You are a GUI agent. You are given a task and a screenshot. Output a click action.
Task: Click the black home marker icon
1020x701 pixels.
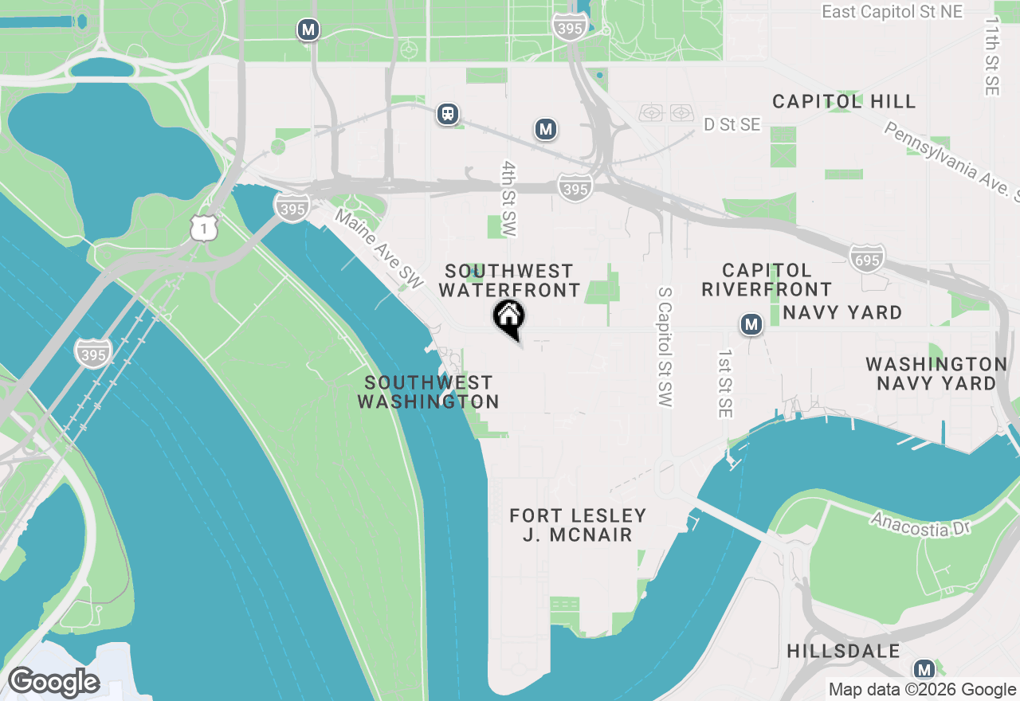[508, 318]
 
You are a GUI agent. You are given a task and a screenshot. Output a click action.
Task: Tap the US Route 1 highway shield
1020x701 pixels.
[204, 228]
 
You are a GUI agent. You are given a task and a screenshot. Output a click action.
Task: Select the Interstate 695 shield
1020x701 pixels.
[867, 259]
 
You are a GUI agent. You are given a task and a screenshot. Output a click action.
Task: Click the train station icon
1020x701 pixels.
[449, 114]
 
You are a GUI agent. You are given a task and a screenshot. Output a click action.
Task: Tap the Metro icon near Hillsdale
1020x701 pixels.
[924, 669]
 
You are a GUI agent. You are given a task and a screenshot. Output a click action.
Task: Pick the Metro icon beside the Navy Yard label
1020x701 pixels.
[751, 324]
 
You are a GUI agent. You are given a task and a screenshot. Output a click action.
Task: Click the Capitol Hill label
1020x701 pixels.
[844, 102]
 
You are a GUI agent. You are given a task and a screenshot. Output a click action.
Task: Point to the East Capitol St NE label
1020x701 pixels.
[892, 12]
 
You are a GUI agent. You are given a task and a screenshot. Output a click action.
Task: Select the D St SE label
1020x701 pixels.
[732, 125]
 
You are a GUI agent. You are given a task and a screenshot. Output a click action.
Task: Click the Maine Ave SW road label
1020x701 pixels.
[379, 249]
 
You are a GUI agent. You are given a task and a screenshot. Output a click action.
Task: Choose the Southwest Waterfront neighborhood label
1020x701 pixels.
[509, 280]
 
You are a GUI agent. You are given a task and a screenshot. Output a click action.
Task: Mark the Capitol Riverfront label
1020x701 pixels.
[767, 280]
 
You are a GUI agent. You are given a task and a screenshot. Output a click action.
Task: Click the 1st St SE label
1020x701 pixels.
[724, 383]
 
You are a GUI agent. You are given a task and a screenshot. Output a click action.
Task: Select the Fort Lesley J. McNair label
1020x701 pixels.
[578, 525]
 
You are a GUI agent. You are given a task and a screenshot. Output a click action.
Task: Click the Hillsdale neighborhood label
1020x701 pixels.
[843, 651]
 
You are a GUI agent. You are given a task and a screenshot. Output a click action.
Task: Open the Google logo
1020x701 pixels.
[54, 683]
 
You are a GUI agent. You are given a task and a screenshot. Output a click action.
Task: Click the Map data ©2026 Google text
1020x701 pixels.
[922, 690]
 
